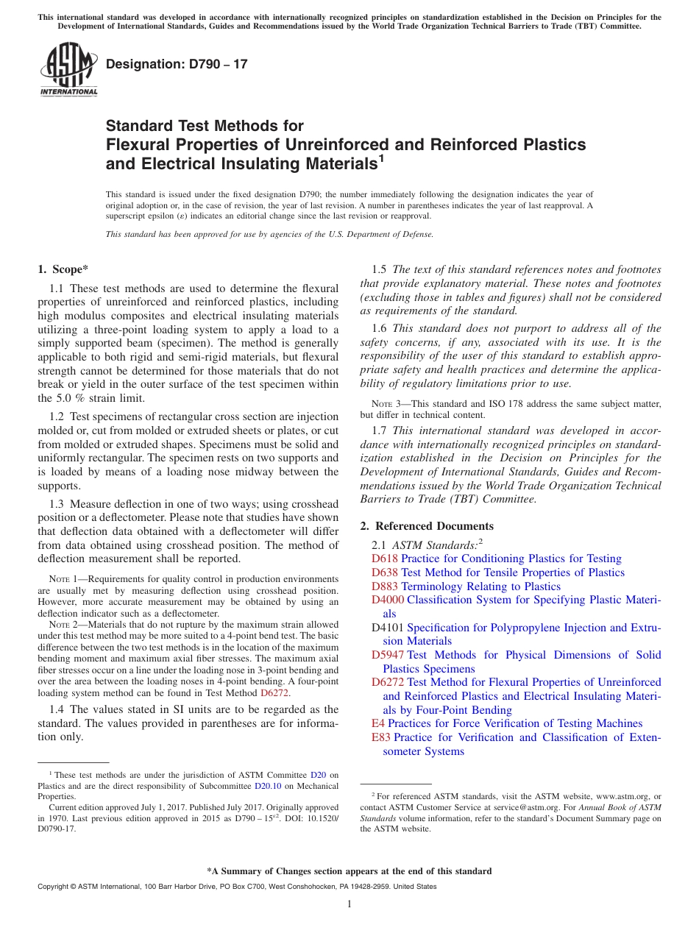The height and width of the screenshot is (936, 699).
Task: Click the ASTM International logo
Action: click(x=68, y=69)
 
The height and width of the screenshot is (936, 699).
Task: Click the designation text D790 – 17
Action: click(x=177, y=64)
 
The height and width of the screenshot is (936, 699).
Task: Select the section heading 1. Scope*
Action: click(x=63, y=269)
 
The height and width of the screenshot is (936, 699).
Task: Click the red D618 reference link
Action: click(x=385, y=559)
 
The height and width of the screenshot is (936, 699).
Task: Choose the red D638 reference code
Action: click(x=385, y=572)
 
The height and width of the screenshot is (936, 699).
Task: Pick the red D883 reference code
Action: click(x=385, y=586)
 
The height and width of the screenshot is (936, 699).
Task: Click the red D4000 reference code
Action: click(x=388, y=600)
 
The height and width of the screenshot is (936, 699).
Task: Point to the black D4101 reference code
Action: click(x=388, y=628)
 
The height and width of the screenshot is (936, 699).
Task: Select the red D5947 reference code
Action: click(x=388, y=655)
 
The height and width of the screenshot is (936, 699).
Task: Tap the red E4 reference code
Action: click(x=378, y=723)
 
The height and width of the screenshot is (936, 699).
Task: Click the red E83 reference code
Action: click(x=381, y=737)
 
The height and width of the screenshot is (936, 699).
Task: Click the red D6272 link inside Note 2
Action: click(x=274, y=692)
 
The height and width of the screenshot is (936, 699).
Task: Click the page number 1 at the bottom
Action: click(x=349, y=904)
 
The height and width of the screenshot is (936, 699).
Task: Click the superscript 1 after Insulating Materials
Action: click(x=381, y=158)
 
